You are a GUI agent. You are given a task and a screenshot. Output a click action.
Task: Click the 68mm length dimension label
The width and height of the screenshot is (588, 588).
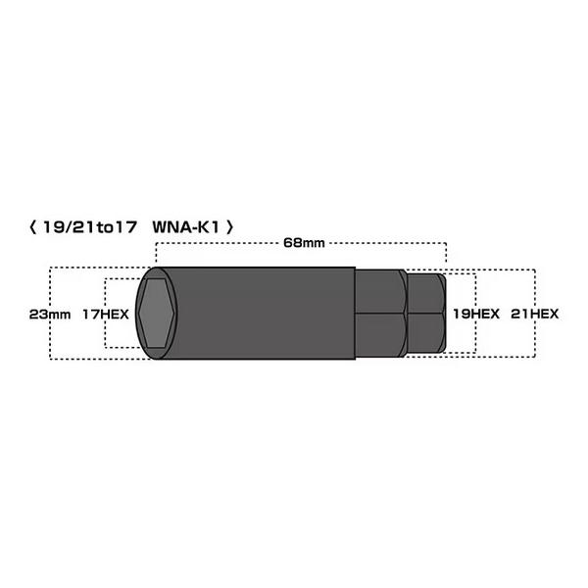[x=304, y=243]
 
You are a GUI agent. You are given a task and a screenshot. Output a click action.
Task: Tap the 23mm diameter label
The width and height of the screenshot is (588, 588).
[x=50, y=315]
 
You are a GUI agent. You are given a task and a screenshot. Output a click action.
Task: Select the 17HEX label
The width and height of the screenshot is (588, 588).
[x=106, y=315]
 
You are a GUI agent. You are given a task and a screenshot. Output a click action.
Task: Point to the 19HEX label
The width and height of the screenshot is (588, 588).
[x=476, y=314]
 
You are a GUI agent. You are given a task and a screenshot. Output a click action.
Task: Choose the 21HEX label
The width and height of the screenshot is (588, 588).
[x=535, y=314]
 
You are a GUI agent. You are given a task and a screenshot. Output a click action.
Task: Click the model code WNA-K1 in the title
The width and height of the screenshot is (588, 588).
[x=185, y=227]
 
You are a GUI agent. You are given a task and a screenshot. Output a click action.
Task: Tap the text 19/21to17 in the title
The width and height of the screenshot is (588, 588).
[x=89, y=227]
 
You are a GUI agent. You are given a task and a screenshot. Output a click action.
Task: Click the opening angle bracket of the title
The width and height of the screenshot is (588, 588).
[x=33, y=227]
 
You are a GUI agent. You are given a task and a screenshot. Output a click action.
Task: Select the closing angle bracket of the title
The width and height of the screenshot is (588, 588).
[x=229, y=227]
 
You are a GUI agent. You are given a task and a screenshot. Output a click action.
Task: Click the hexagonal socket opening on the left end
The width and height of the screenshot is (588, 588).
[x=157, y=314]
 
